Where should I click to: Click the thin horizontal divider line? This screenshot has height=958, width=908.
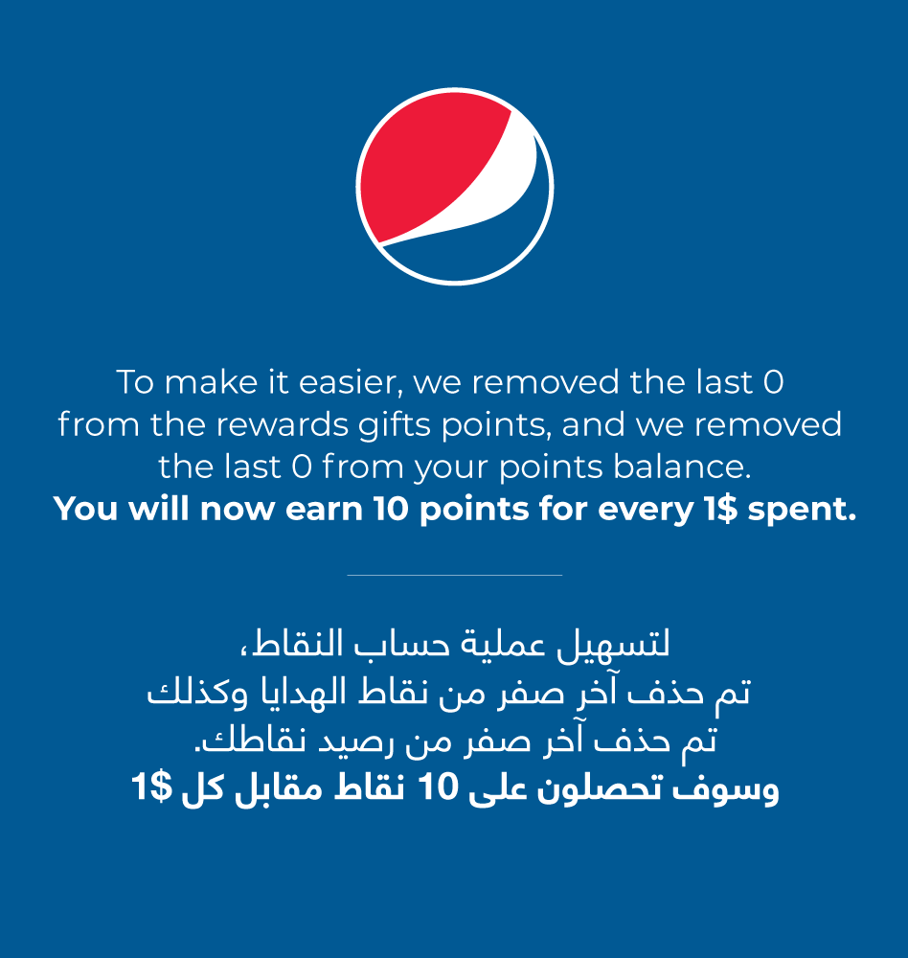coord(455,575)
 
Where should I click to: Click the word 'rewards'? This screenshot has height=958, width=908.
coord(282,425)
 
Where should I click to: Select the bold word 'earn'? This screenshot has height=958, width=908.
coord(324,509)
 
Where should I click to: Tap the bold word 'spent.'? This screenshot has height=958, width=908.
coord(802,510)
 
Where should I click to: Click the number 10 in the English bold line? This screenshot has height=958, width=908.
coord(391,509)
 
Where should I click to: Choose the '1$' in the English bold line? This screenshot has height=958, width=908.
coord(720,509)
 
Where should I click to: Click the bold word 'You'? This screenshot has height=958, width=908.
coord(85,509)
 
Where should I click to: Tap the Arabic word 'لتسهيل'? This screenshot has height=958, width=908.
coord(613,645)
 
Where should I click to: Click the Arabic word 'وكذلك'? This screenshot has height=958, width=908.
coord(197,693)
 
